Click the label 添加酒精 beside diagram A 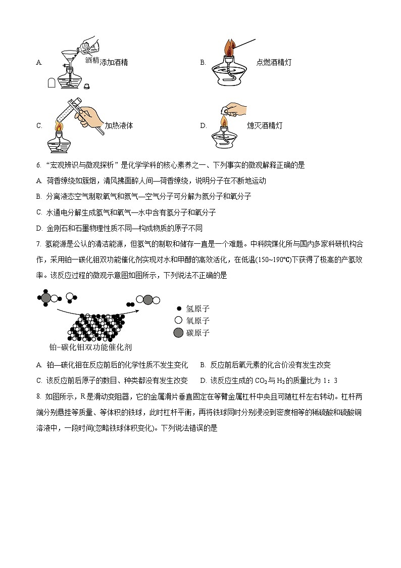[x=114, y=63]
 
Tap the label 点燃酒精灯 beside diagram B [x=274, y=63]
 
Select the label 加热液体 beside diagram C [x=119, y=126]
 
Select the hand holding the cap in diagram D [x=233, y=109]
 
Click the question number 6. [x=38, y=165]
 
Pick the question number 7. [x=38, y=244]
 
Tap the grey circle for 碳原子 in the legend [x=178, y=333]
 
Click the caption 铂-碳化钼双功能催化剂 [x=85, y=347]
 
